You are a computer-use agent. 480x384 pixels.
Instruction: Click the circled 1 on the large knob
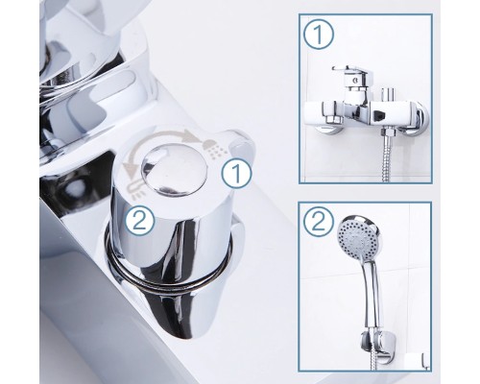(237, 173)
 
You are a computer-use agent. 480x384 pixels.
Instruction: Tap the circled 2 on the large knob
(139, 221)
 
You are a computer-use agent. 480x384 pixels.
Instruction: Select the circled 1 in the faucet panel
(319, 35)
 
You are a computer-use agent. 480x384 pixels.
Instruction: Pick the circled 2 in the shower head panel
(318, 223)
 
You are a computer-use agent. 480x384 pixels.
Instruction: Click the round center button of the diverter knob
(174, 170)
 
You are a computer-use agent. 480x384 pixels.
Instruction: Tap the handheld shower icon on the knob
(134, 188)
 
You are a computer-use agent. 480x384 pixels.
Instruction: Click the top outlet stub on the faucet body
(387, 94)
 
